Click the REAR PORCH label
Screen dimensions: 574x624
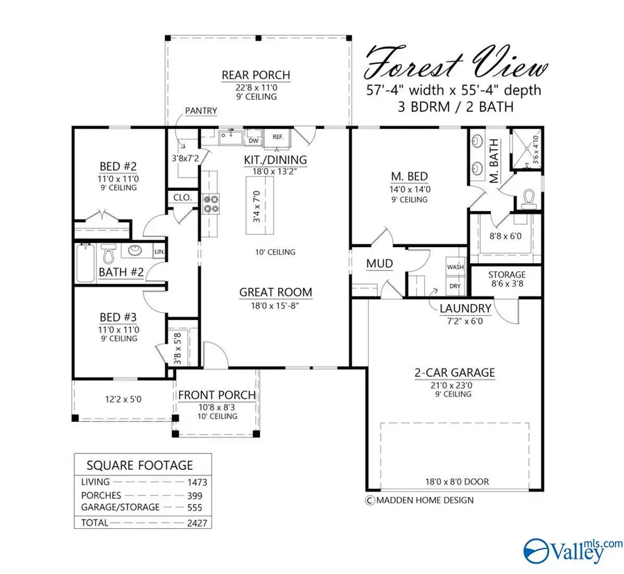pyautogui.click(x=255, y=75)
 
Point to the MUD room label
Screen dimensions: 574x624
pyautogui.click(x=379, y=264)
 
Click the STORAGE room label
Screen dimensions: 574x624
pyautogui.click(x=507, y=275)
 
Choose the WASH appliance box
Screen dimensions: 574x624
pyautogui.click(x=455, y=267)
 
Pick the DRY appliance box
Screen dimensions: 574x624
pyautogui.click(x=455, y=285)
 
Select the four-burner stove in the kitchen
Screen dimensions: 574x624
pyautogui.click(x=211, y=203)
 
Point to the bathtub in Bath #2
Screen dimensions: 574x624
pyautogui.click(x=85, y=264)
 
